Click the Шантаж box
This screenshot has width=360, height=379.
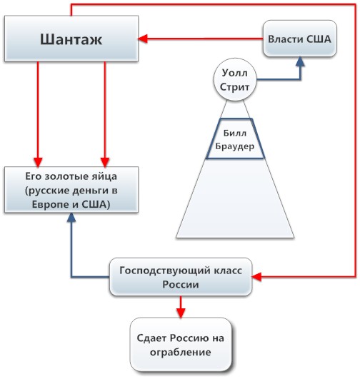coord(71,40)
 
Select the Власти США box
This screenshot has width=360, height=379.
coord(299,39)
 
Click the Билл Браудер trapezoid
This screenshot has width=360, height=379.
coord(235,138)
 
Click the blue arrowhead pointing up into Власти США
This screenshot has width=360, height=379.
coord(300,62)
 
